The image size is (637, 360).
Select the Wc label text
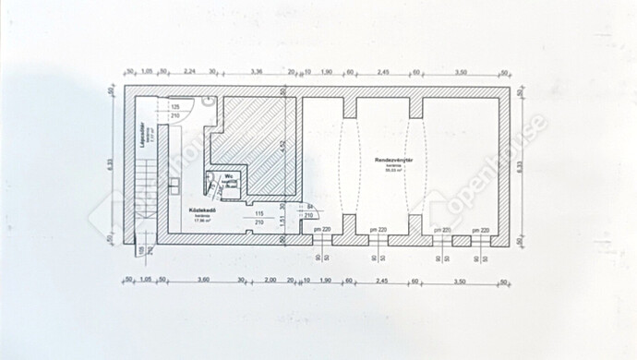pos(228,174)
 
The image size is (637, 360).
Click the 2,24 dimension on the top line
pos(188,70)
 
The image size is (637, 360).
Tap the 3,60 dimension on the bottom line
pos(204,280)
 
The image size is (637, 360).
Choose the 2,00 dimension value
pos(269,280)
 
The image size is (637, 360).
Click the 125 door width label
pos(176,107)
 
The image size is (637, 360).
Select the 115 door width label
pos(259,215)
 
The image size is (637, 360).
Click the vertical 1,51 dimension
pos(282,223)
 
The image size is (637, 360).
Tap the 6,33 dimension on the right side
pos(520,165)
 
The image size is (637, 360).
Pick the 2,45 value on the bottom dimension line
pos(383,280)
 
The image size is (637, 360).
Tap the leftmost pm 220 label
pos(321,229)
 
